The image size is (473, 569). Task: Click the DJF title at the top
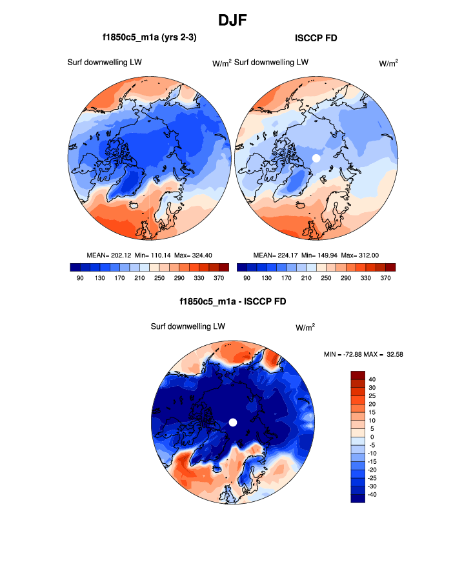[x=236, y=21]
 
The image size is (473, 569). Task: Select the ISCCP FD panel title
[x=316, y=38]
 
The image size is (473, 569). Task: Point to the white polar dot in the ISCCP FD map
[x=316, y=157]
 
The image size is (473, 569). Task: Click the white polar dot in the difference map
[x=233, y=422]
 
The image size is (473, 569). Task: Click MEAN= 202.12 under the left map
[x=108, y=255]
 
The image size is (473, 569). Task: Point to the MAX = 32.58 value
[x=387, y=354]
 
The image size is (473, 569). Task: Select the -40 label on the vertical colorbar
[x=372, y=494]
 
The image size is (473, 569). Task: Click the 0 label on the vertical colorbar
[x=372, y=437]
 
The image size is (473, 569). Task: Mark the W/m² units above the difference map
[x=305, y=328]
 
